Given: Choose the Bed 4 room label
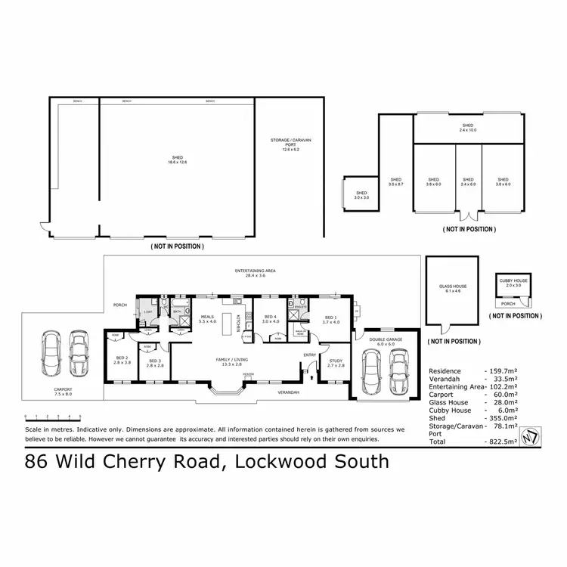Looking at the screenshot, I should pyautogui.click(x=271, y=320).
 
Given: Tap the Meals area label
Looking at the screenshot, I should pyautogui.click(x=207, y=320).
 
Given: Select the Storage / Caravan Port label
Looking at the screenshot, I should pyautogui.click(x=291, y=145).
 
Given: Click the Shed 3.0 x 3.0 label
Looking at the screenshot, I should pyautogui.click(x=361, y=195).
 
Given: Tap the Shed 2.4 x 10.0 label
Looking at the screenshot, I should pyautogui.click(x=468, y=127).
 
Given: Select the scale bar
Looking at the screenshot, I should pyautogui.click(x=52, y=416).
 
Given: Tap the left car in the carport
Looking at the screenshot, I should pyautogui.click(x=51, y=356).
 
